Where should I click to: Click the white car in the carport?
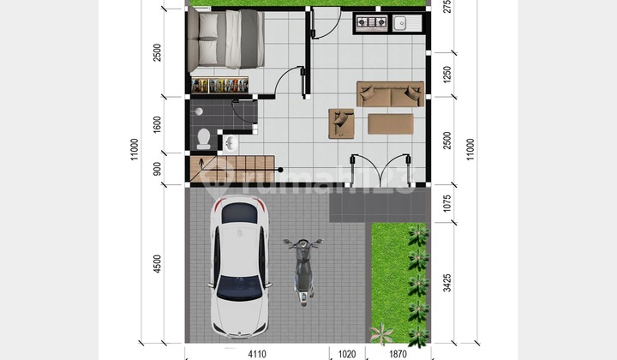241,267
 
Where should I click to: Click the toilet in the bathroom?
204,138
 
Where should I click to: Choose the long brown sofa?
391,93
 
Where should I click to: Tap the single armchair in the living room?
343,123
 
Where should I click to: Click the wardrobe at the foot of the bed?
220,86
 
